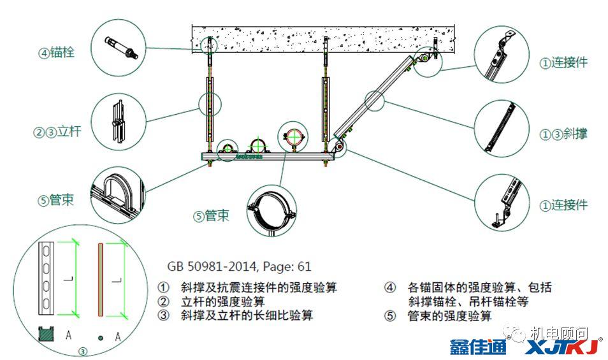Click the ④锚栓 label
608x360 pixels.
tap(57, 52)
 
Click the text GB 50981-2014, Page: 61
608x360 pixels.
tap(239, 266)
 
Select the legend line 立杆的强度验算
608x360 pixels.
tap(223, 301)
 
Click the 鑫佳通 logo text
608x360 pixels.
tap(477, 347)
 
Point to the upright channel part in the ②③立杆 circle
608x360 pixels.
tap(117, 120)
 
